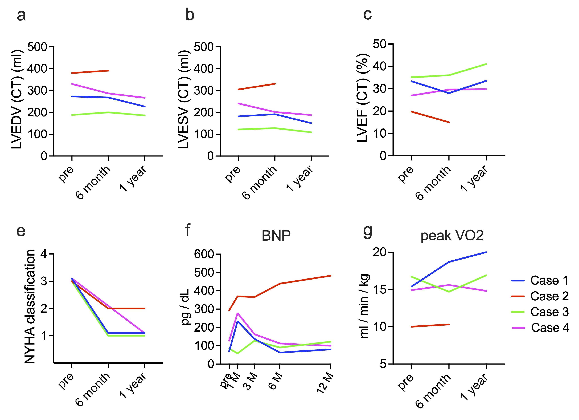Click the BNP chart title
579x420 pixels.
tap(276, 236)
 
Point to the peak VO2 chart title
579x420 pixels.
tap(452, 236)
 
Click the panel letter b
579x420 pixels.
tap(190, 15)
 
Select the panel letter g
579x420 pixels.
tap(368, 231)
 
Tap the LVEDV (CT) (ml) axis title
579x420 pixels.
tap(17, 100)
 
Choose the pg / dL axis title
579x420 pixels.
tap(185, 307)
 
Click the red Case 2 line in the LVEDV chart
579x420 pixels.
tap(90, 72)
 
